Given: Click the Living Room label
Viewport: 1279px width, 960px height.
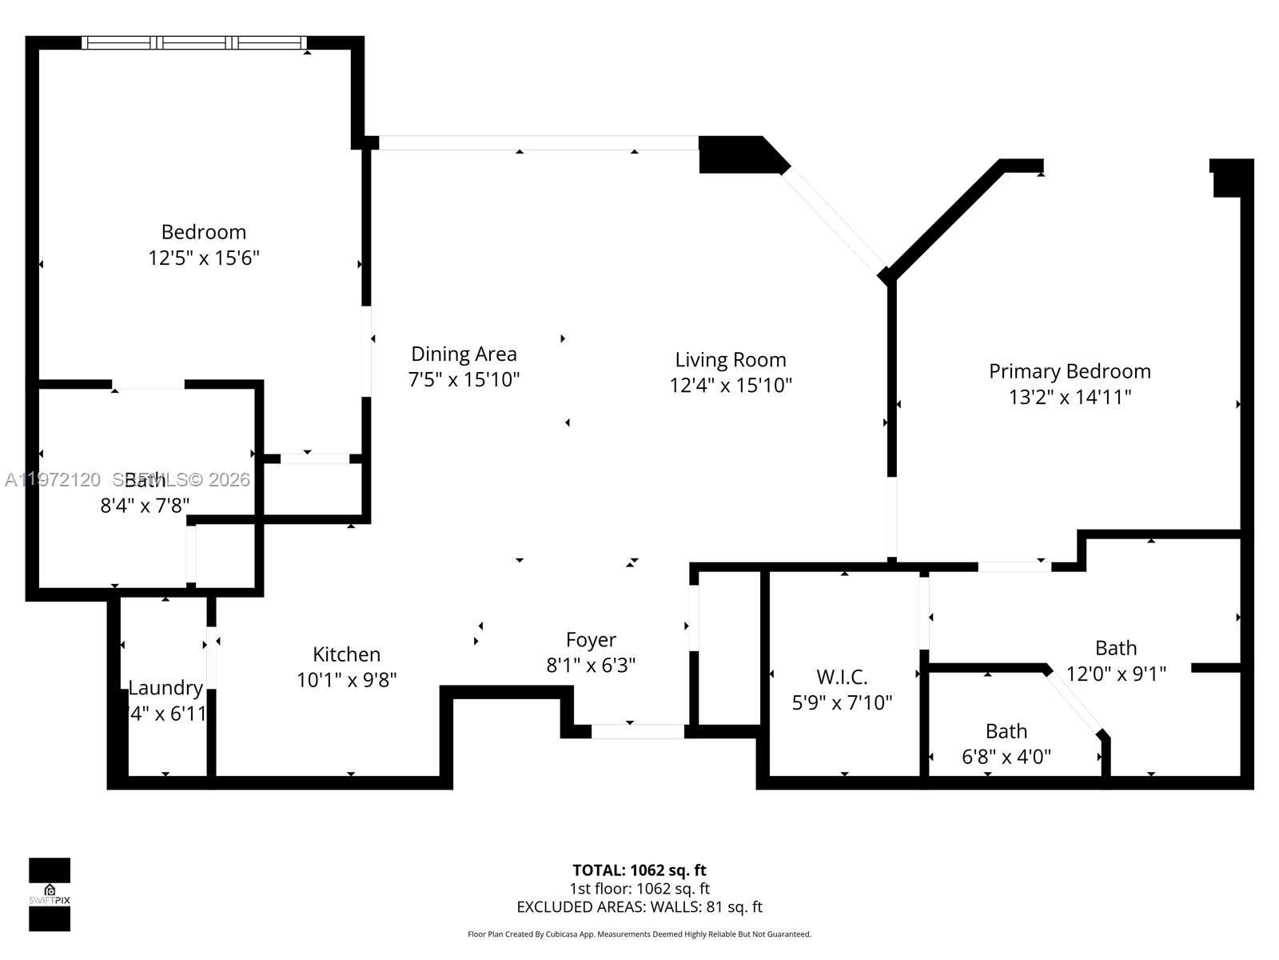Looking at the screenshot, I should [x=730, y=359].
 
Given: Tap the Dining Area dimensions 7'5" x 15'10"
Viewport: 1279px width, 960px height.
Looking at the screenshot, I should [x=464, y=379].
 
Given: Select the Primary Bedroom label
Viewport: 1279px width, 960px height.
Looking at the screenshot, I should [x=1070, y=371].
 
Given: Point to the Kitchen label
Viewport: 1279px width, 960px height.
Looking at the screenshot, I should [x=346, y=654].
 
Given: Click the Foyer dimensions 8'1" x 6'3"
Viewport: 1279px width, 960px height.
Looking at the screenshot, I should [x=591, y=666].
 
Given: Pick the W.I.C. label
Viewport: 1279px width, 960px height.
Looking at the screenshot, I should [x=842, y=678].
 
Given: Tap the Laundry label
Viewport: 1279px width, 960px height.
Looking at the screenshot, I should [x=165, y=688].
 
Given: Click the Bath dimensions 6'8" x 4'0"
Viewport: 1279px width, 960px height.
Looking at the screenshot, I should [x=1006, y=757].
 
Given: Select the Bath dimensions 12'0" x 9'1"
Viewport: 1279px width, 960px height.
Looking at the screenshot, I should [x=1116, y=674].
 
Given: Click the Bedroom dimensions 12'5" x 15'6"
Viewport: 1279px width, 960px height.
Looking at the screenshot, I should [x=204, y=258].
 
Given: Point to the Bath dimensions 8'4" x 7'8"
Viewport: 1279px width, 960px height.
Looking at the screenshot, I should [x=145, y=506].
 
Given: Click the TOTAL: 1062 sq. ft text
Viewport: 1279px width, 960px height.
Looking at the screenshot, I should [x=639, y=870].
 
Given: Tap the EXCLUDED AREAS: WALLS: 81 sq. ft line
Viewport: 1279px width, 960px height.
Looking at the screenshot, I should [x=639, y=907].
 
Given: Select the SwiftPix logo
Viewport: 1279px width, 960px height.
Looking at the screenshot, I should [x=50, y=894].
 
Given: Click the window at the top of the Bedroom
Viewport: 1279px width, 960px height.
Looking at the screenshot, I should [x=194, y=43].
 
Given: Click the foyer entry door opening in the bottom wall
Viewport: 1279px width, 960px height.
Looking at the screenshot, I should [x=637, y=731].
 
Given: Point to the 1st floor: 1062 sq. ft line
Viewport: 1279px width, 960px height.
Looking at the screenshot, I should [x=639, y=889].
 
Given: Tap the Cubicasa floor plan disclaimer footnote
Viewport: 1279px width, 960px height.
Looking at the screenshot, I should [x=639, y=934].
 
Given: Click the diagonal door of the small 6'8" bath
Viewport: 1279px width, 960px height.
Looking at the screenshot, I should [x=1074, y=699].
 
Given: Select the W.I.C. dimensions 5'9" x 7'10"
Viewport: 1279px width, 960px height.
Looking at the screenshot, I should [x=842, y=703].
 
